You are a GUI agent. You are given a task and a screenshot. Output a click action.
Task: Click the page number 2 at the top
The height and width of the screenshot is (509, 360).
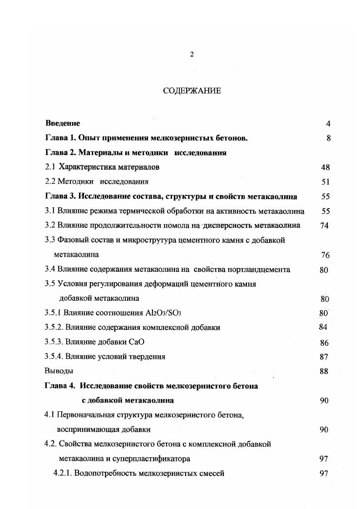coord(192,54)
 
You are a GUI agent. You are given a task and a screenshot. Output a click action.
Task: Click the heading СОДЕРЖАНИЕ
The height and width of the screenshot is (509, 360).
coord(192,91)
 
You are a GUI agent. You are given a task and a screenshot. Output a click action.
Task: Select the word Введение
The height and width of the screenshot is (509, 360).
coord(63,123)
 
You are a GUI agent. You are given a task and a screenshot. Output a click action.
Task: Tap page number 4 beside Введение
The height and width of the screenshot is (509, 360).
coord(328,124)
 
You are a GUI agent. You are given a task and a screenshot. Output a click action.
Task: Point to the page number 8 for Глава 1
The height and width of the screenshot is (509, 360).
coord(328,138)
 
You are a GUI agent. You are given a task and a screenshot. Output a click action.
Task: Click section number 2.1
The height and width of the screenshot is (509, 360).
coord(50,167)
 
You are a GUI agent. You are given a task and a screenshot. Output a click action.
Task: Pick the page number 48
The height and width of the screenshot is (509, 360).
coord(325,167)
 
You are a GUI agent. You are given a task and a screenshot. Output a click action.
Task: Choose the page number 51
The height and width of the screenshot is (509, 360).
coord(325,182)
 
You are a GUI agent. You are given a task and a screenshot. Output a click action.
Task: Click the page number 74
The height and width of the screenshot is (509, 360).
coord(324,226)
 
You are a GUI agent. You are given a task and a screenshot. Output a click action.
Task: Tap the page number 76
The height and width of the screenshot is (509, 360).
coord(325,255)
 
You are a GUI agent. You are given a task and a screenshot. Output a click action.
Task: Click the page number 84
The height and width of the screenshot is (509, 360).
coord(323,327)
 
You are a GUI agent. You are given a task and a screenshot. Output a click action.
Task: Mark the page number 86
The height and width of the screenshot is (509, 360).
coord(324,343)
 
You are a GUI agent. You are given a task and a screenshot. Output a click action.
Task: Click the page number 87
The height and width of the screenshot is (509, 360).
coord(324,357)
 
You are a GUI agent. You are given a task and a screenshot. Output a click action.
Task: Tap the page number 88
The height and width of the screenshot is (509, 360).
coord(324,372)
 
